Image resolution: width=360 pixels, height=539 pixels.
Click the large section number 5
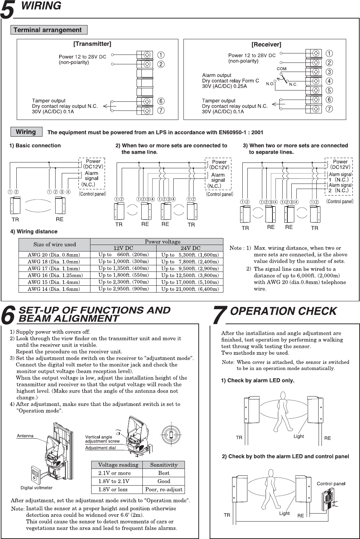[7, 10]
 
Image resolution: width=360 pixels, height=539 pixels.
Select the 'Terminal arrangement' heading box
[49, 30]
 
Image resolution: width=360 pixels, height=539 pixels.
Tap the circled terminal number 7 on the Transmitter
[161, 110]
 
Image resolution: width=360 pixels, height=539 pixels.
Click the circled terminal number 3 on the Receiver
[329, 72]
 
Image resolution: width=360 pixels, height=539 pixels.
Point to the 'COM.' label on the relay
[282, 69]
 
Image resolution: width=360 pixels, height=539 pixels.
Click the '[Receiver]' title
[266, 45]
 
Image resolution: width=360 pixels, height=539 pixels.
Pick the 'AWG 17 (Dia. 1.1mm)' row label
[54, 268]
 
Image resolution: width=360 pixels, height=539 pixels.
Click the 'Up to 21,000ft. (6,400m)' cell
[190, 289]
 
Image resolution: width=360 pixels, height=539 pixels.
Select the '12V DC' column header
[123, 248]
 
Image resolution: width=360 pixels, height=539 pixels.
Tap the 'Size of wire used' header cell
[54, 244]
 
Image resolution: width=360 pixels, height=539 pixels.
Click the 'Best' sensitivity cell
[163, 473]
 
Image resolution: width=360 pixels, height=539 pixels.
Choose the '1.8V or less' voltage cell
[113, 489]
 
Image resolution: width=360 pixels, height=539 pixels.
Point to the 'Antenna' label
[25, 436]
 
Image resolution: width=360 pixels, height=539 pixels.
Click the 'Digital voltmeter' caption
[36, 488]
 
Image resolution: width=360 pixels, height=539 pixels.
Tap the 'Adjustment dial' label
[100, 448]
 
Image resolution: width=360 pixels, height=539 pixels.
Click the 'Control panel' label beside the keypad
[331, 483]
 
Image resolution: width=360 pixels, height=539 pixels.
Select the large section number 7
[219, 315]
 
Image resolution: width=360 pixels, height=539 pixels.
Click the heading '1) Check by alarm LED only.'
[258, 381]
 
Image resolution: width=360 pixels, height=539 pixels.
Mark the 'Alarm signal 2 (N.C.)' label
[340, 188]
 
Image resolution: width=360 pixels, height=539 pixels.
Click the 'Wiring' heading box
[26, 132]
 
